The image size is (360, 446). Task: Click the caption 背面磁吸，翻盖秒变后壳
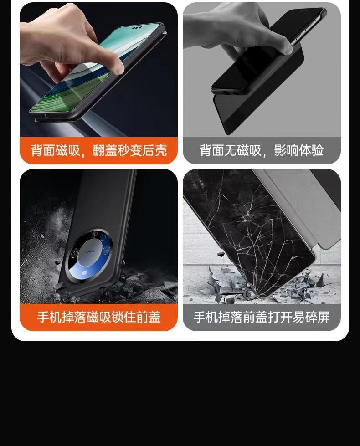coord(99,150)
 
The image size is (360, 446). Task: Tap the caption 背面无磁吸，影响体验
coord(262,150)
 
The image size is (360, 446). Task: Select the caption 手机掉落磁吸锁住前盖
coord(99,317)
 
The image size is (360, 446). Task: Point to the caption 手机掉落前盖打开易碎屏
coord(262,317)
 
